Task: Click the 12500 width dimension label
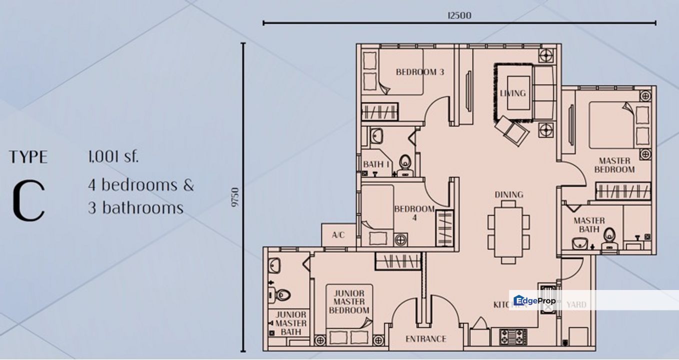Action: (x=459, y=15)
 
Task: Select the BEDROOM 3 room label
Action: (x=419, y=72)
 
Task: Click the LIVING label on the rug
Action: (x=512, y=93)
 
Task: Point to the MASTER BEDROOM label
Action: (x=614, y=165)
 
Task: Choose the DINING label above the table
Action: (x=508, y=194)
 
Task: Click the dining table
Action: (x=508, y=232)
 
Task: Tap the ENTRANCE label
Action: (x=425, y=339)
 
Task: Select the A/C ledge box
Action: (x=338, y=235)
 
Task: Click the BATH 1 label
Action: (x=377, y=164)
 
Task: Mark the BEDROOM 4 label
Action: (x=414, y=213)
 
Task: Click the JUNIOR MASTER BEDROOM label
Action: (x=349, y=302)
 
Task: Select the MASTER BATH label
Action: (x=589, y=224)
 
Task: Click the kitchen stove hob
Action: (x=513, y=335)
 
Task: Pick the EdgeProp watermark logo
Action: (x=534, y=300)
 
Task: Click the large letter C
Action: (x=28, y=201)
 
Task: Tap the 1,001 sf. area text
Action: (x=113, y=157)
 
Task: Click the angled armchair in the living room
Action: (x=512, y=129)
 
